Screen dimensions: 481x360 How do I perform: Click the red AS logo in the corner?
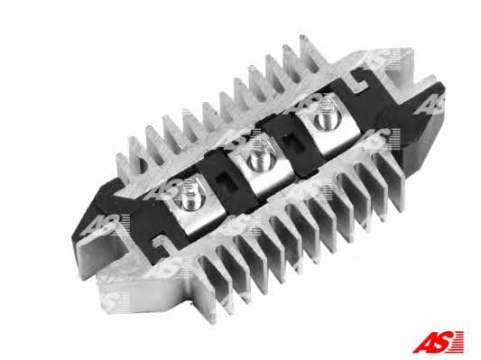(x=438, y=342)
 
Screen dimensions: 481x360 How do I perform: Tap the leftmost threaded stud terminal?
(x=189, y=194)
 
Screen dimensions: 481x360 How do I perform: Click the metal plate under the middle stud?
(x=263, y=171)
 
